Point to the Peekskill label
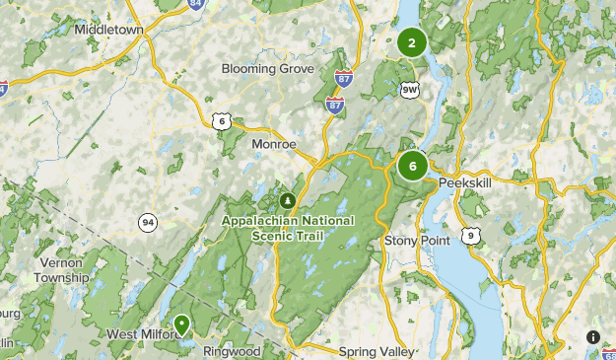click(465, 183)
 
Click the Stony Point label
click(416, 240)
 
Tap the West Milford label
click(142, 334)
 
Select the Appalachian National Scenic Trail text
click(288, 227)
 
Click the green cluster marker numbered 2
click(411, 42)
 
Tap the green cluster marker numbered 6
click(412, 166)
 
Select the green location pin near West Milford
click(182, 324)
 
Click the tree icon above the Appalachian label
click(288, 199)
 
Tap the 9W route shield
click(410, 90)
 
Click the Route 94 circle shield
click(148, 222)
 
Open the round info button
click(593, 337)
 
